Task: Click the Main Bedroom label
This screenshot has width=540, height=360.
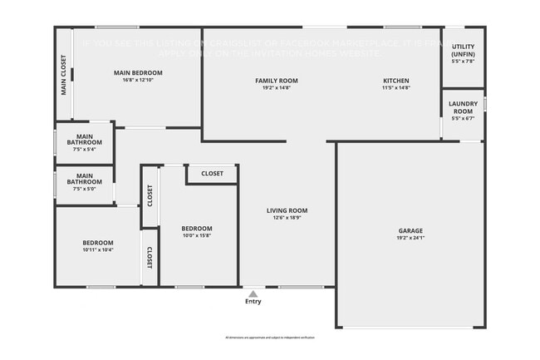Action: coord(138,73)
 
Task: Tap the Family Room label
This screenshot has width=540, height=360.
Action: coord(276,81)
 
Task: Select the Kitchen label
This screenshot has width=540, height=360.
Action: coord(395,81)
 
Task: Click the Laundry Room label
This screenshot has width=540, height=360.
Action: coord(462,107)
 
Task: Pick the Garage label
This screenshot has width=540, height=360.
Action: coord(410,230)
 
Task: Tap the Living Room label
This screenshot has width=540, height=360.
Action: coord(287,210)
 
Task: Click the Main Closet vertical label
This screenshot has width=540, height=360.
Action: coord(64,75)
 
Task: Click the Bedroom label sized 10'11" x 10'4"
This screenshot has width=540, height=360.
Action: coord(97,243)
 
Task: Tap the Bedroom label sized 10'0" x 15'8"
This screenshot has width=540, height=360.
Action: coord(197,229)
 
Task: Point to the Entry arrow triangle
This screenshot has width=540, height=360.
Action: coord(253,293)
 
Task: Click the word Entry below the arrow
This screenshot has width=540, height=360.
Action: coord(253,302)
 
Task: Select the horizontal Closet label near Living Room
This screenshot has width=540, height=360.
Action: coord(212,174)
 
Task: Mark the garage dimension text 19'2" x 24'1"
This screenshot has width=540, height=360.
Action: coord(410,238)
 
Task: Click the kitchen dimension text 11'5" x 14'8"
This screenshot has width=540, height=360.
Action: coord(395,87)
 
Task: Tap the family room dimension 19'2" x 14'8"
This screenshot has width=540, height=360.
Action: coord(276,87)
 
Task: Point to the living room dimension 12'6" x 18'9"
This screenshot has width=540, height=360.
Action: coord(287,218)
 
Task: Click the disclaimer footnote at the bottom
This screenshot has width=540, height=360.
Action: coord(270,338)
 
